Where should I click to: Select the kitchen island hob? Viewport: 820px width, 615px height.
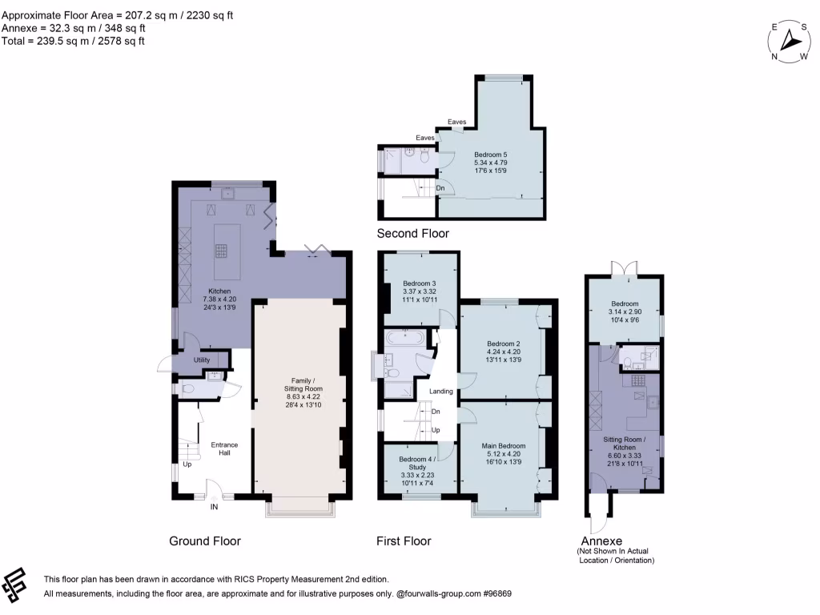click(221, 249)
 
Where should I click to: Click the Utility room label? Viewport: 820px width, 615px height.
click(202, 360)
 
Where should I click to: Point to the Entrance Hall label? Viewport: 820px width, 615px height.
click(224, 449)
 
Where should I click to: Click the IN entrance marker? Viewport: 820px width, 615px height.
click(214, 507)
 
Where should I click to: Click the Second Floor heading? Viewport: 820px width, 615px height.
click(412, 234)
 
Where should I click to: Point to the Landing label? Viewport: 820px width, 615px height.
click(441, 392)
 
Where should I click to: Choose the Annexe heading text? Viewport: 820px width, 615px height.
click(603, 541)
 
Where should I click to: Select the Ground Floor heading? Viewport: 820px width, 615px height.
click(205, 541)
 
